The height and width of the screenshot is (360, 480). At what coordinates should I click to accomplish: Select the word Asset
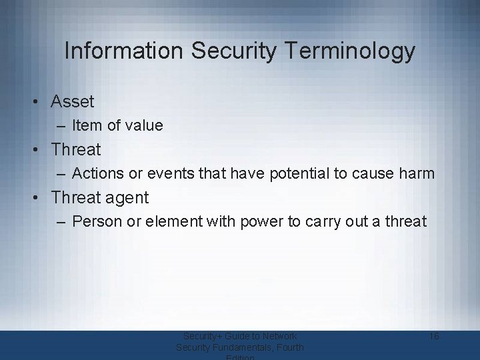tap(73, 102)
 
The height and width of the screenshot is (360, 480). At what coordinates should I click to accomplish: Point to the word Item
tap(85, 125)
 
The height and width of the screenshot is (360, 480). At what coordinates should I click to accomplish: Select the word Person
tap(97, 221)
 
